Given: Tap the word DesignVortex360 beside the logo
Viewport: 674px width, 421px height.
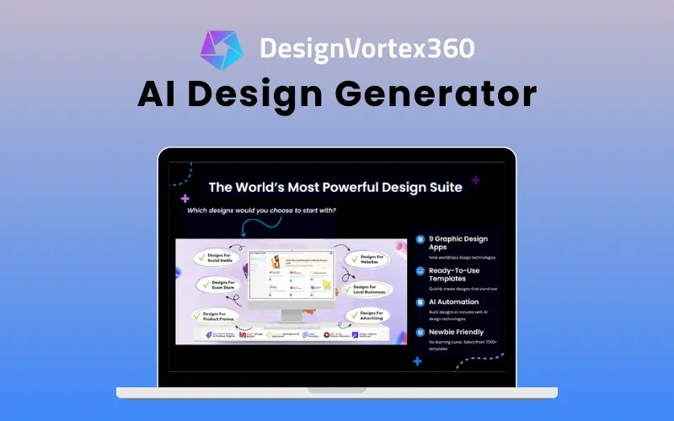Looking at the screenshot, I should (366, 47).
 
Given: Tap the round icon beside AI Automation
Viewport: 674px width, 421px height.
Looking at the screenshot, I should (420, 302).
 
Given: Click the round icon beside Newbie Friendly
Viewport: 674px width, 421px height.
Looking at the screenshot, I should (420, 333).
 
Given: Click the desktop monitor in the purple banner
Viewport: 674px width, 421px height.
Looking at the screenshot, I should (291, 283).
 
